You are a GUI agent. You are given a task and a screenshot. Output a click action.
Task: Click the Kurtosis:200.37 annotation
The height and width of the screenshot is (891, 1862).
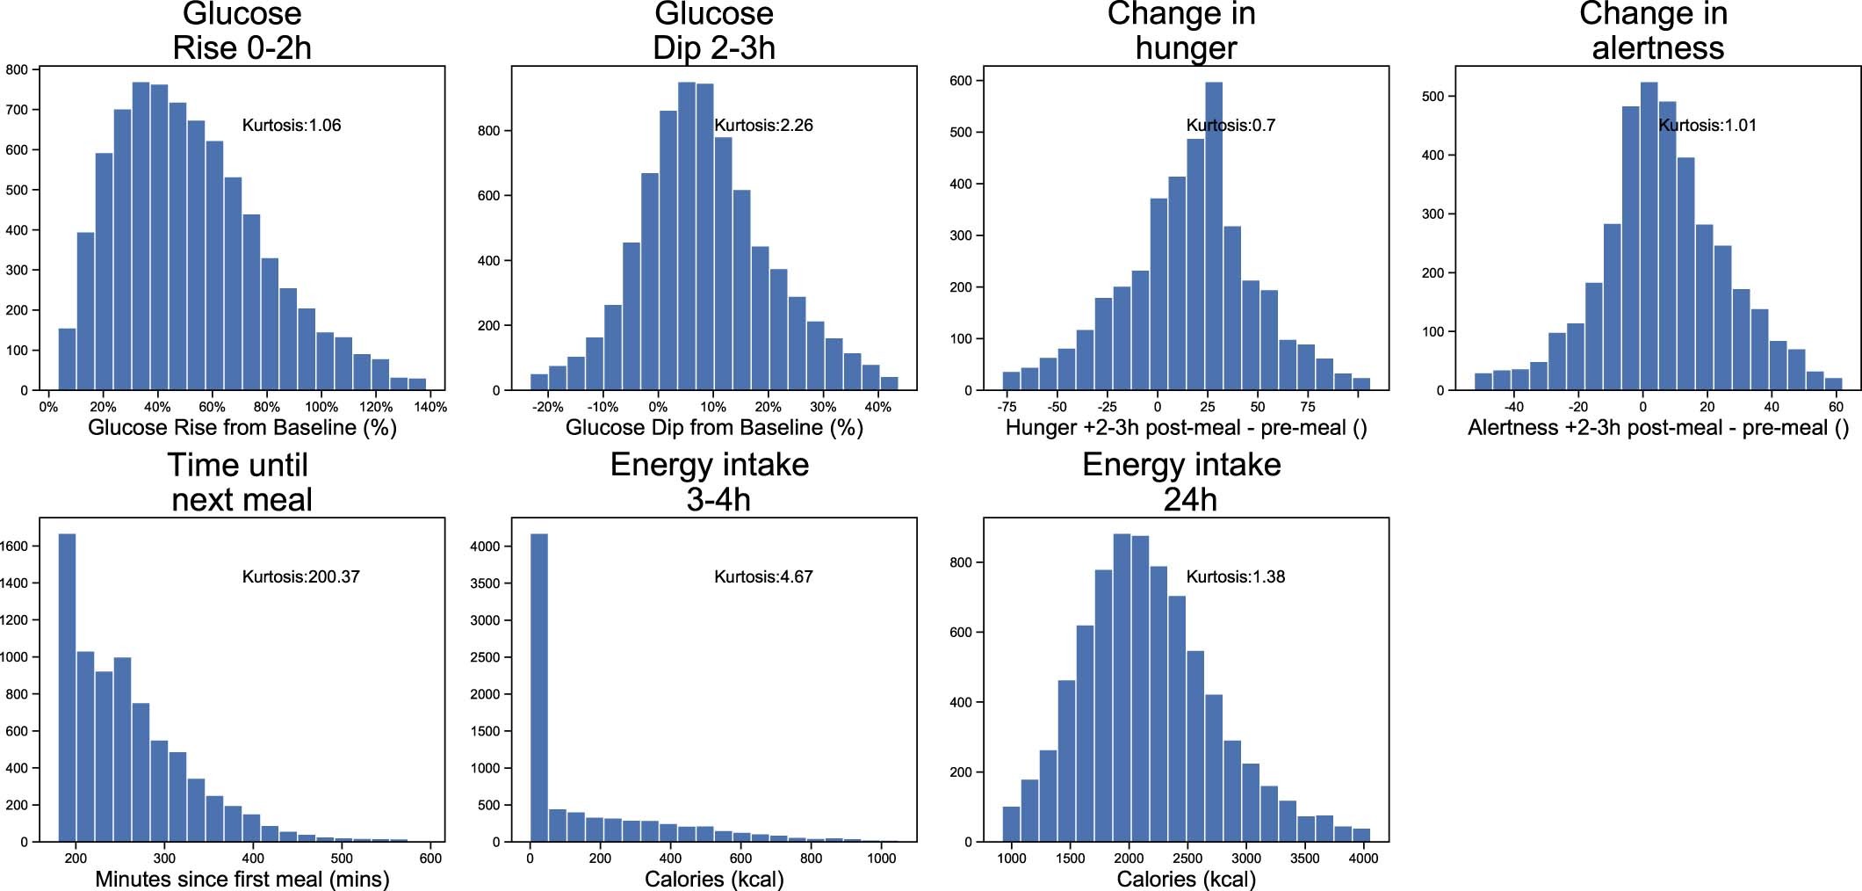tap(300, 577)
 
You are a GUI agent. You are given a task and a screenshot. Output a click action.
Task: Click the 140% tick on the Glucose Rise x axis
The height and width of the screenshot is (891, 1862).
tap(430, 407)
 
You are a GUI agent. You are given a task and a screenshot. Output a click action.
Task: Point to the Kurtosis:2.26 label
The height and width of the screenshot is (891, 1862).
tap(763, 126)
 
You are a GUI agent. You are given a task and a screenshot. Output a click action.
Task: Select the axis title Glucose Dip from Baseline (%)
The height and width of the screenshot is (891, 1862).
tap(714, 428)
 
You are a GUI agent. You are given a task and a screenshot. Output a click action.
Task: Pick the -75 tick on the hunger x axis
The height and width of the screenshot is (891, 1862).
tap(1007, 407)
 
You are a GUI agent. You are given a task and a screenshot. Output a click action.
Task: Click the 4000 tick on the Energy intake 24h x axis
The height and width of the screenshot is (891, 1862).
tap(1363, 858)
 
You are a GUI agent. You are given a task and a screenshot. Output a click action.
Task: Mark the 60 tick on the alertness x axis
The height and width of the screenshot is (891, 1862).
tap(1836, 407)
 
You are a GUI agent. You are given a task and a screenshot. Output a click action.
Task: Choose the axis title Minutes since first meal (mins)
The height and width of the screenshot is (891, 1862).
tap(242, 879)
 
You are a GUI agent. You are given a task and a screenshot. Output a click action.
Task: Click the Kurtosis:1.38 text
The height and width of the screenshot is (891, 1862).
tap(1235, 577)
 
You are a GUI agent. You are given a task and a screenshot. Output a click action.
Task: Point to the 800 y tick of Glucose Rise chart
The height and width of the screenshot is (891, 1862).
tap(17, 69)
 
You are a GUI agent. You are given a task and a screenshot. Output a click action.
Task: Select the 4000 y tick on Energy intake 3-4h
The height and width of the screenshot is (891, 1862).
tap(485, 547)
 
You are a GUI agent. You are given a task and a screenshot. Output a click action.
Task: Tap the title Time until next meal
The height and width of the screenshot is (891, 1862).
tap(241, 482)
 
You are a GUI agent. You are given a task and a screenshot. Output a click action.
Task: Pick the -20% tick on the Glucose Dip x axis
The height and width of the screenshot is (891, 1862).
tap(547, 407)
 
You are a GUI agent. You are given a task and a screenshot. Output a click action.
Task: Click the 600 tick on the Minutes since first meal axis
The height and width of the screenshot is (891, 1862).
tap(430, 858)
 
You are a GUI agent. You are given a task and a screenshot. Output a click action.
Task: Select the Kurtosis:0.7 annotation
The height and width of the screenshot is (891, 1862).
tap(1231, 126)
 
